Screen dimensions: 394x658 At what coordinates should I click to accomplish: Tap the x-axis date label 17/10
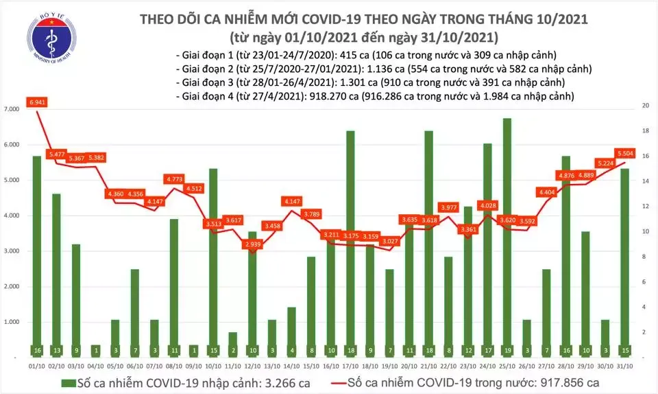click(x=350, y=365)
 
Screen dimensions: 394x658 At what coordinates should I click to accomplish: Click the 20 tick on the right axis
click(x=645, y=106)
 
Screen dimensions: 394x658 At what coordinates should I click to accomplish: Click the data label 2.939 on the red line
click(x=254, y=244)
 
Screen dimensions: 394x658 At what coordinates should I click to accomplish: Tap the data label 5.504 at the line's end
click(x=624, y=153)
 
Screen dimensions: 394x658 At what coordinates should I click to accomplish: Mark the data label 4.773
click(x=175, y=179)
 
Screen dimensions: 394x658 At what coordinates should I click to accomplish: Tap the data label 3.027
click(x=390, y=241)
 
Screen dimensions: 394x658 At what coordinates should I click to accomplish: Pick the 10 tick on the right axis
click(x=645, y=232)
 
